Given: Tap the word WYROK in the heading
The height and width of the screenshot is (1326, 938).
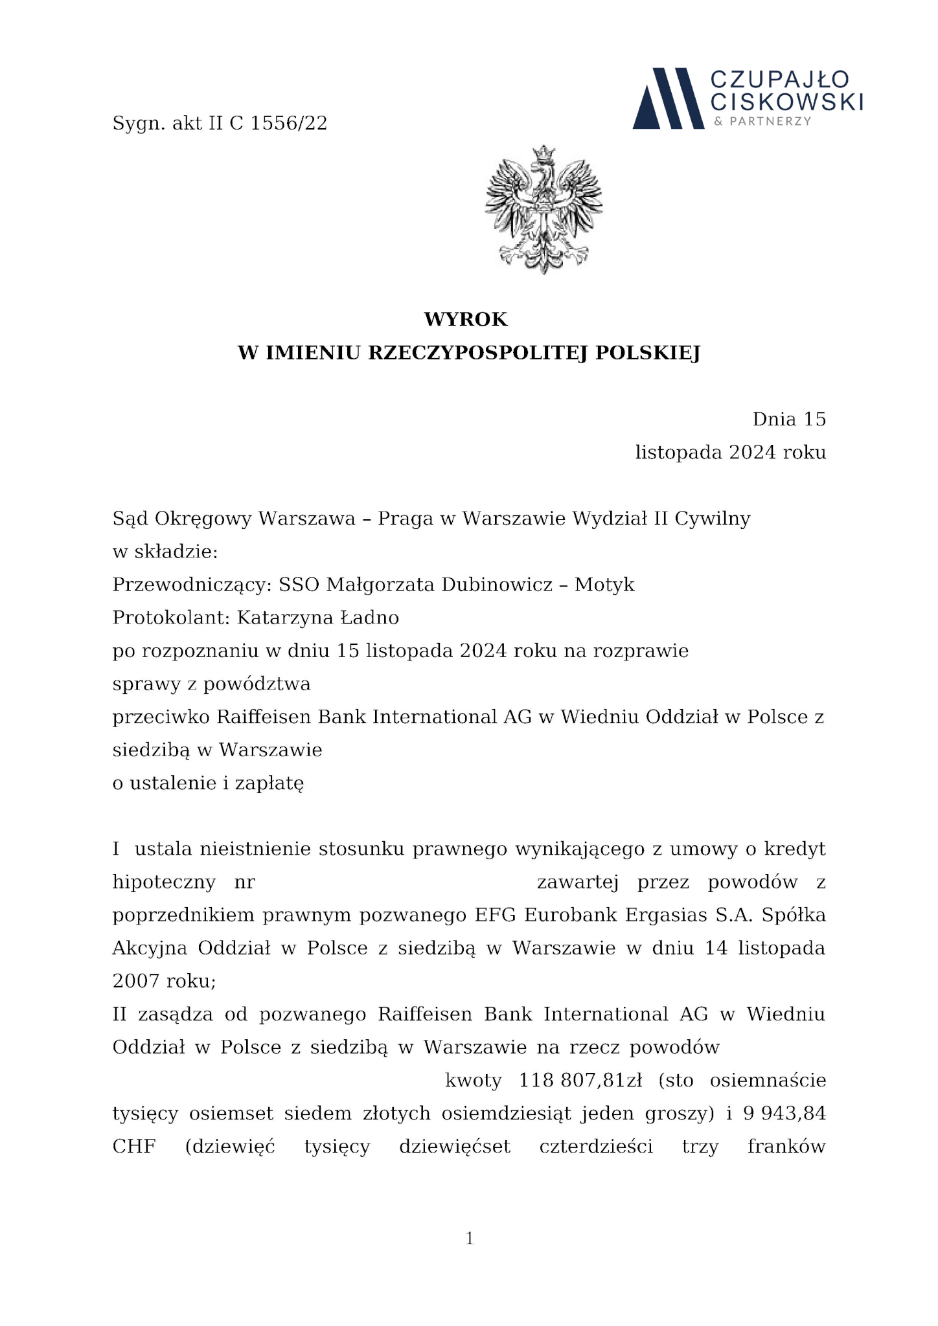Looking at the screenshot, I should coord(466,319).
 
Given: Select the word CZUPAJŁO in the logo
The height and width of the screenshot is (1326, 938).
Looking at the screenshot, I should coord(780,80).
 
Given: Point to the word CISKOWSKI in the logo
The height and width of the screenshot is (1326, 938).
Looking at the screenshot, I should coord(786,102).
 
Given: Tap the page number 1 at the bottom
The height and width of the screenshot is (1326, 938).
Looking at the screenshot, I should coord(470,1239).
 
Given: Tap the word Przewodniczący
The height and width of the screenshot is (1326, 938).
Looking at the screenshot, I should coord(190,585).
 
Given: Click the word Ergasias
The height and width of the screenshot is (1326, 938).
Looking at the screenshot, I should coord(665,916).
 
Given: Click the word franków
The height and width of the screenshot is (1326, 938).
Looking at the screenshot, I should coord(786,1147).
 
